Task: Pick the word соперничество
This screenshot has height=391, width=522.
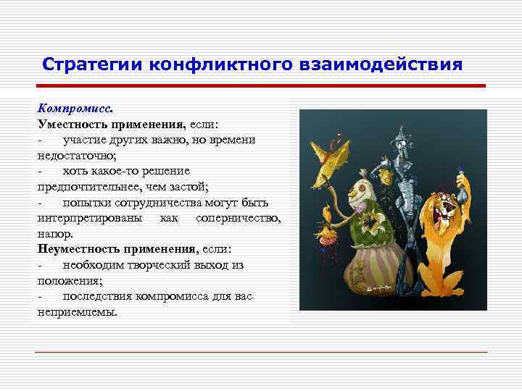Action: (x=238, y=218)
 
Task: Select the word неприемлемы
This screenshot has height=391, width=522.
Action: (x=76, y=312)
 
